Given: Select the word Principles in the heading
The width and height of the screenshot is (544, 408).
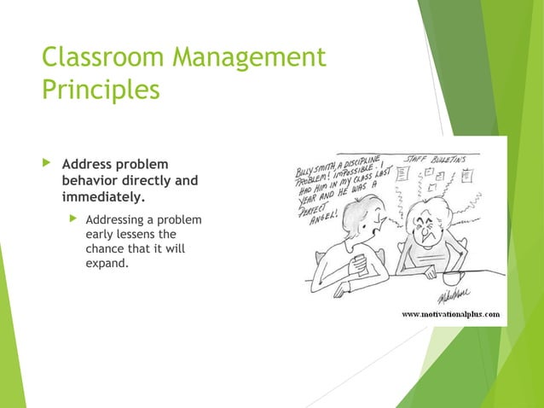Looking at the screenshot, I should pos(101,90).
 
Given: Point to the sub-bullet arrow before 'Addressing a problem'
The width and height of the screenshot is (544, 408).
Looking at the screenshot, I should pos(74,219).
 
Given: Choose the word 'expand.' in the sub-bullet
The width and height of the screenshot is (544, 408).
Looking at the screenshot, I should pos(107,263).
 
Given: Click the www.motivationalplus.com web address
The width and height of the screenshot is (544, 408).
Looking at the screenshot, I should pos(451,313).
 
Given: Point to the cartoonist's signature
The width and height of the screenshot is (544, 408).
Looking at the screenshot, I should pos(451,294).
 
